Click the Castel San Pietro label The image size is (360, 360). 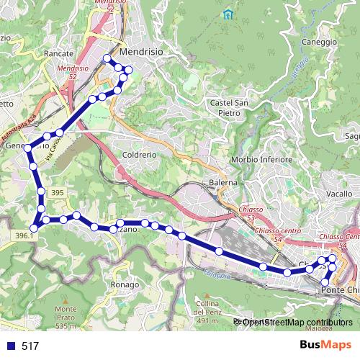click(230, 107)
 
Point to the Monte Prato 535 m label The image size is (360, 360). click(65, 318)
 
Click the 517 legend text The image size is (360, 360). click(30, 346)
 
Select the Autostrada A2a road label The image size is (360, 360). click(17, 127)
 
